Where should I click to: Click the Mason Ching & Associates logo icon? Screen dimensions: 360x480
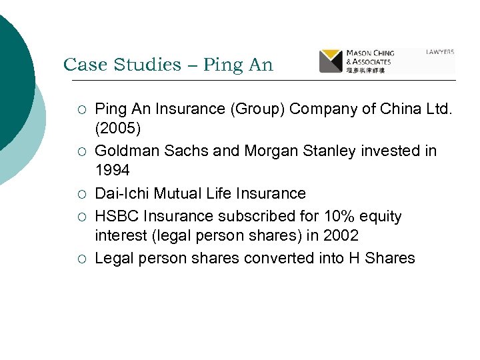331,61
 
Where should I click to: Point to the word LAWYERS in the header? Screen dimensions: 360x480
439,51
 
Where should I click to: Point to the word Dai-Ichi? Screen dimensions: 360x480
123,194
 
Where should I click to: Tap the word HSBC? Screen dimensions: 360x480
117,216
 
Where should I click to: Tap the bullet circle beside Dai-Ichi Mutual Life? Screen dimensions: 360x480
82,195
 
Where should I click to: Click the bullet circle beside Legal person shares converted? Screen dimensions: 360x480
82,259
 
